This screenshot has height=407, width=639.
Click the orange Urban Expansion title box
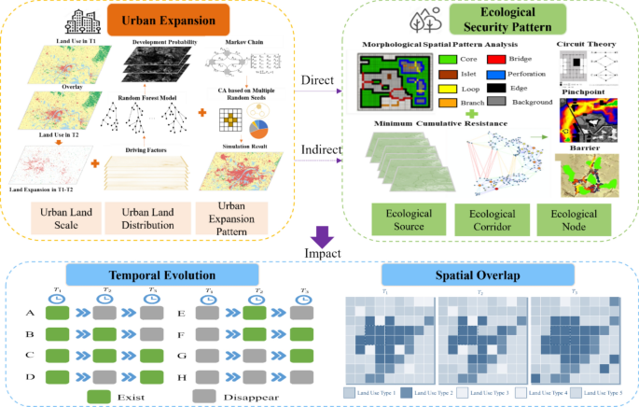189,21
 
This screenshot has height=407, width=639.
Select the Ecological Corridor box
491,220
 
